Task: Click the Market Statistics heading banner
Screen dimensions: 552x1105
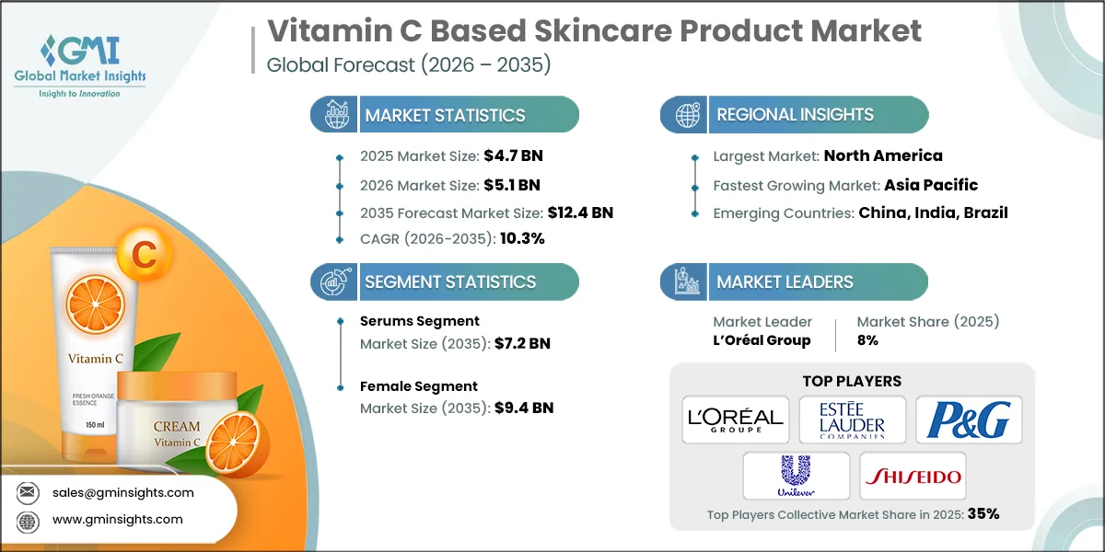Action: (x=445, y=115)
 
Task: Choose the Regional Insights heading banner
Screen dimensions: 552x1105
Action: (x=795, y=115)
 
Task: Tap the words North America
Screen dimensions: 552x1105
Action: (x=883, y=155)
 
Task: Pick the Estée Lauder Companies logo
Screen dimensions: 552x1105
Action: (x=853, y=420)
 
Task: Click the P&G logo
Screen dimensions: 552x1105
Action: (x=968, y=420)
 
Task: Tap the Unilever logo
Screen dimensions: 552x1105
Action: (x=797, y=476)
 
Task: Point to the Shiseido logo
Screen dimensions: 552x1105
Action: (x=913, y=477)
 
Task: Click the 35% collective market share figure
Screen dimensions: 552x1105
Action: (x=983, y=514)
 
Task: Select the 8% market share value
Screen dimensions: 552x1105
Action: (x=867, y=339)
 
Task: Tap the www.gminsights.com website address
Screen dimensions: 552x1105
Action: (x=118, y=519)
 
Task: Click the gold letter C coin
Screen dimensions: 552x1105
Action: (x=145, y=257)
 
